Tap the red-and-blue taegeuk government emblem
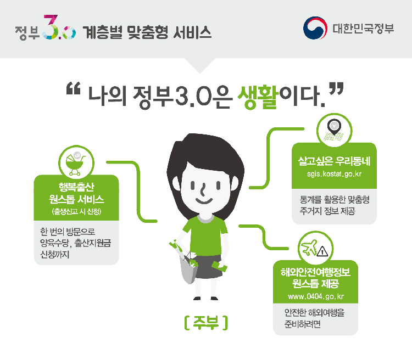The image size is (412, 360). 315,28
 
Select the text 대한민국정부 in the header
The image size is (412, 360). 364,29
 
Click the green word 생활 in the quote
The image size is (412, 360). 258,96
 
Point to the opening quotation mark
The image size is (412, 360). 73,88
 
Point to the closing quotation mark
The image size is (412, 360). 336,88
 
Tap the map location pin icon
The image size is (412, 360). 334,130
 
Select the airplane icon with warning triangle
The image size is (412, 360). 315,248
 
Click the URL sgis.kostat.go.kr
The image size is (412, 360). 334,174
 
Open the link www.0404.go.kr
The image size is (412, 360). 316,296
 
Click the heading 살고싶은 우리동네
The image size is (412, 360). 334,161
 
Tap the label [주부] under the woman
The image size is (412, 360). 206,323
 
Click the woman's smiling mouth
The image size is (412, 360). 204,201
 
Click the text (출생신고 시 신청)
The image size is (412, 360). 76,212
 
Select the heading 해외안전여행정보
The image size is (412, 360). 315,272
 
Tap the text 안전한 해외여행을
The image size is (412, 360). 314,312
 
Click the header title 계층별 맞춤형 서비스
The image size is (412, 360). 147,32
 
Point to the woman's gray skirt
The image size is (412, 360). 209,267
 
